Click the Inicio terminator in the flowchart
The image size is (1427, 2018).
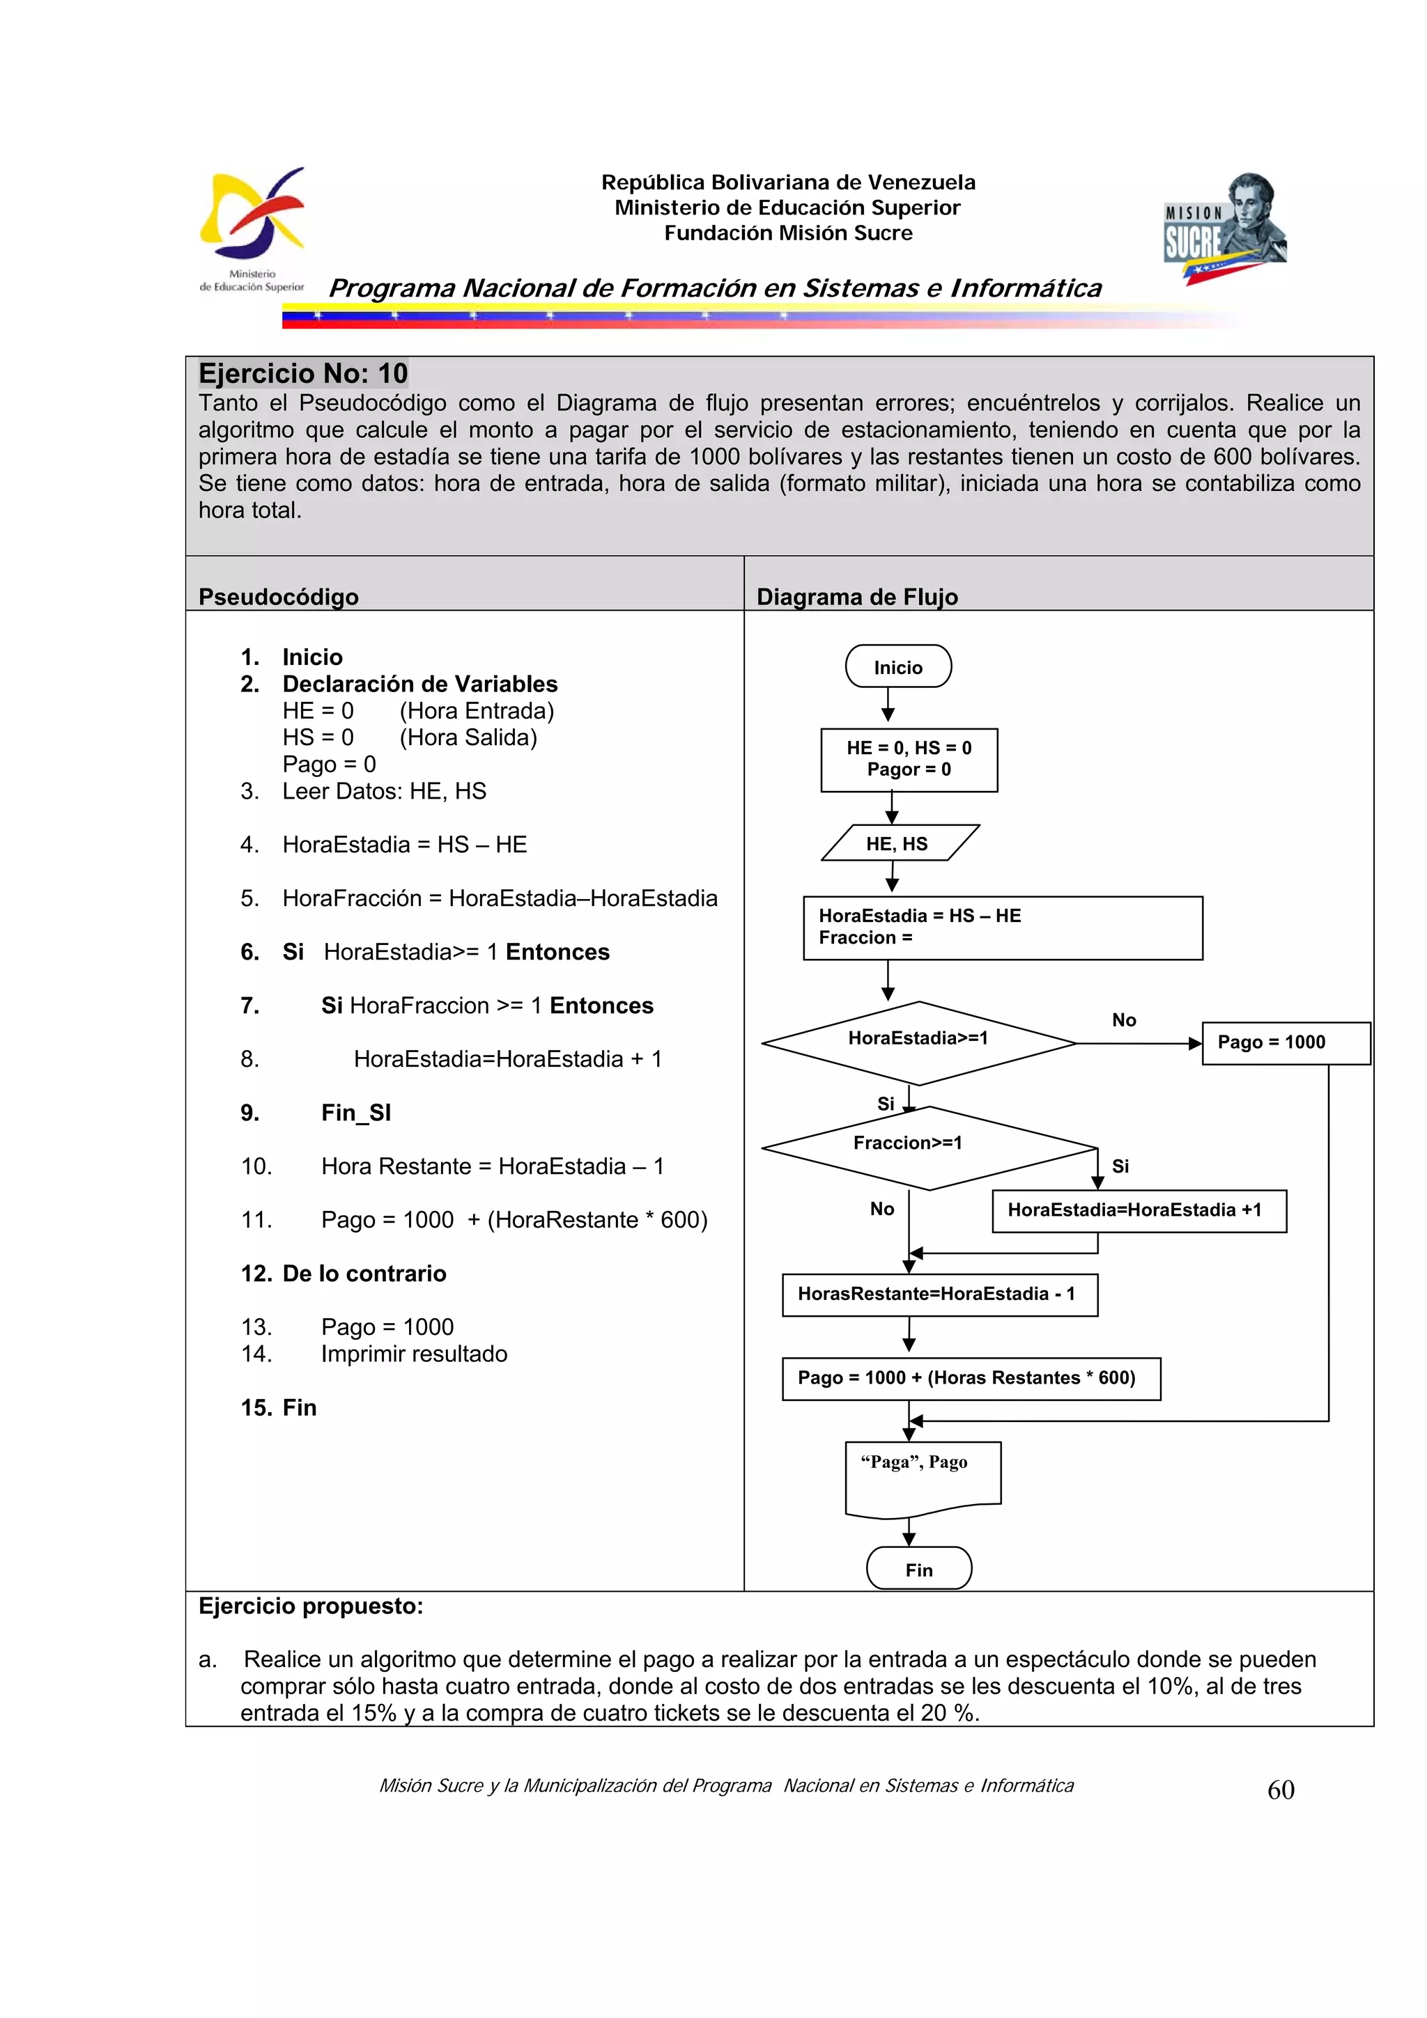click(897, 666)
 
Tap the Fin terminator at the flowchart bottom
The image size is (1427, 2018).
click(919, 1569)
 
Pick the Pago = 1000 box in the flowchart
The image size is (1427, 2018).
click(1285, 1042)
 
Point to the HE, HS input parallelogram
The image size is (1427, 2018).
click(899, 843)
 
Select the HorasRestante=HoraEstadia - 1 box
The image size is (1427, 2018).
click(939, 1294)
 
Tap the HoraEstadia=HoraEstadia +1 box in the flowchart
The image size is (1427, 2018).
click(1138, 1210)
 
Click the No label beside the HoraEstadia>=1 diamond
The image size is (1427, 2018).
click(1124, 1019)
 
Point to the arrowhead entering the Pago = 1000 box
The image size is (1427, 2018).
click(1194, 1043)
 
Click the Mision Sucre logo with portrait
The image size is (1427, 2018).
click(1225, 228)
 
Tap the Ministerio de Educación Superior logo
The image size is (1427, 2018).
click(252, 228)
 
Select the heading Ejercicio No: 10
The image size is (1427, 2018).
click(302, 373)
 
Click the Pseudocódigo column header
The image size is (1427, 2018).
click(279, 597)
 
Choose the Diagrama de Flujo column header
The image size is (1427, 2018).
click(856, 597)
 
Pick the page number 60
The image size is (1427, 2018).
click(1280, 1790)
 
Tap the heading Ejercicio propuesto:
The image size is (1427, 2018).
click(310, 1606)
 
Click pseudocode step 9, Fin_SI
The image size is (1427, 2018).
click(355, 1113)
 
